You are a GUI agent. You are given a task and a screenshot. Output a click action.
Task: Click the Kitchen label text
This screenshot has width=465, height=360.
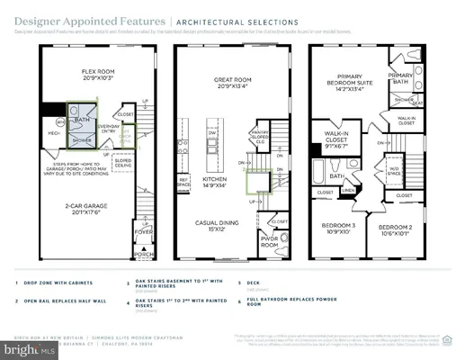pos(215,180)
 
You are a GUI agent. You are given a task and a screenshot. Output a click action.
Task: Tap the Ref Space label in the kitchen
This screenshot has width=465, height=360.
pos(184,182)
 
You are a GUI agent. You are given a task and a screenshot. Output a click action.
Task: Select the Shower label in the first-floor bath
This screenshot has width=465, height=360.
pos(82,140)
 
